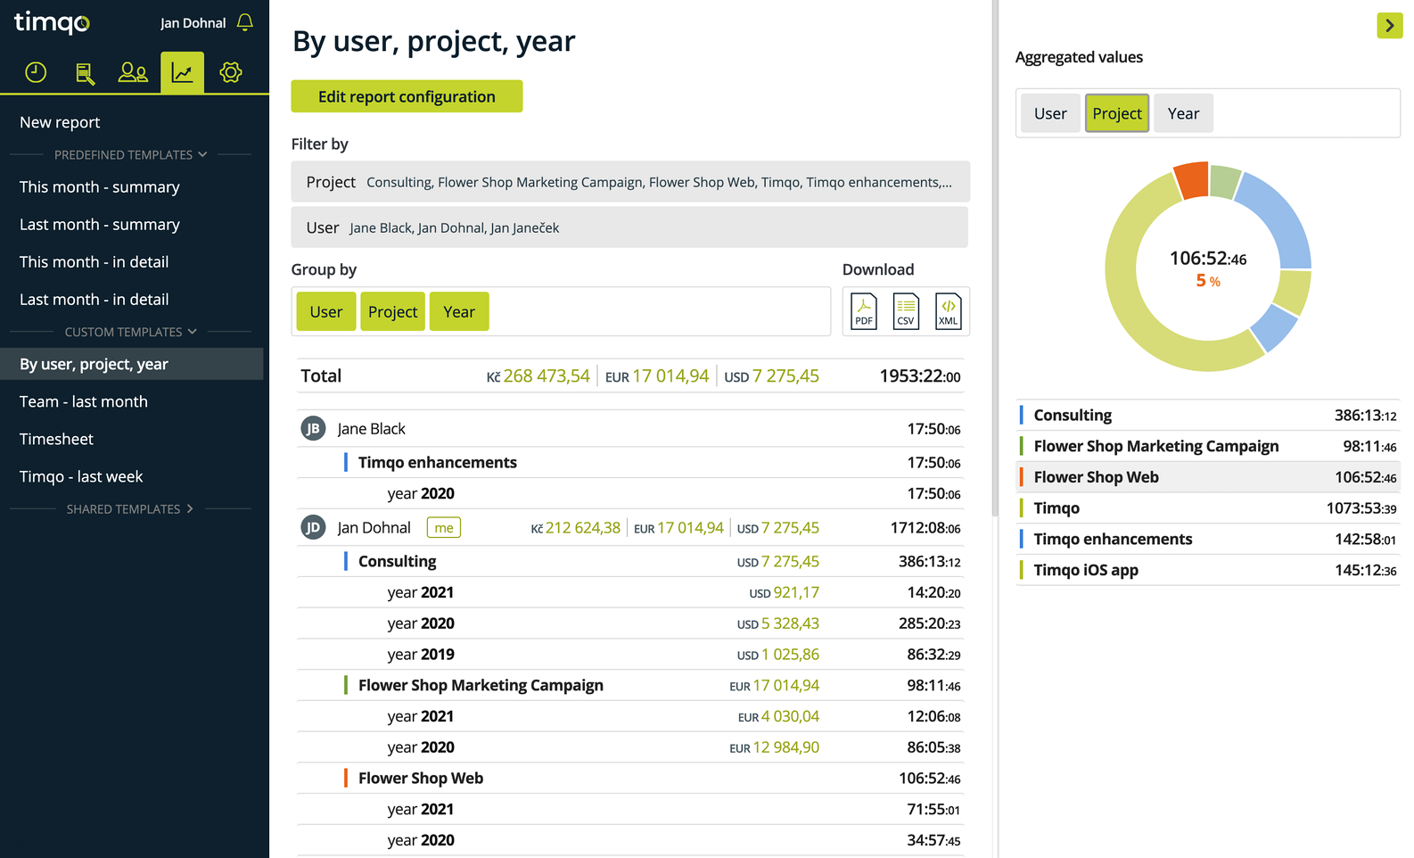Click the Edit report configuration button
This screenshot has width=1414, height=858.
(x=407, y=96)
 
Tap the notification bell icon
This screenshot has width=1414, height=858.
(x=245, y=22)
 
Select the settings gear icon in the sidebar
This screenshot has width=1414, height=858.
(x=230, y=72)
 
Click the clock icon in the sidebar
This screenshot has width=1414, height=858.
(x=36, y=72)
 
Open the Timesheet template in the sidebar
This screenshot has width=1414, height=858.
(x=56, y=439)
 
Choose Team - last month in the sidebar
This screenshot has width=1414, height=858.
(x=83, y=401)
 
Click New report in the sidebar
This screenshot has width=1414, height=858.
(x=60, y=122)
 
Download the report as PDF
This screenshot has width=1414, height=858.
(x=864, y=311)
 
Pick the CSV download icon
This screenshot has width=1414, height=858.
(x=906, y=311)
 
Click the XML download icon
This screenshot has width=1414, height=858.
(x=948, y=311)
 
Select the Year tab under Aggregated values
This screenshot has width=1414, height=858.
(x=1183, y=113)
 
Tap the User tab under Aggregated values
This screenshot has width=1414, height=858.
(x=1050, y=113)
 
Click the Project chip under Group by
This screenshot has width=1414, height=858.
(x=392, y=311)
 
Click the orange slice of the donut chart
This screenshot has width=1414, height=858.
(x=1192, y=180)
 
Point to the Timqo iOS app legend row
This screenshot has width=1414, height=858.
(x=1207, y=570)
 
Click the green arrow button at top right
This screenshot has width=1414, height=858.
(x=1389, y=25)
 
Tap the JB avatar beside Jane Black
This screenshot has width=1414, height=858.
(x=313, y=429)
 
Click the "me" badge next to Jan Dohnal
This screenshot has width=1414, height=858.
(x=444, y=527)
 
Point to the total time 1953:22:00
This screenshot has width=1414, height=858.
(x=920, y=376)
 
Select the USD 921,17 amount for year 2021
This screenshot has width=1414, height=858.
(x=784, y=593)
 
